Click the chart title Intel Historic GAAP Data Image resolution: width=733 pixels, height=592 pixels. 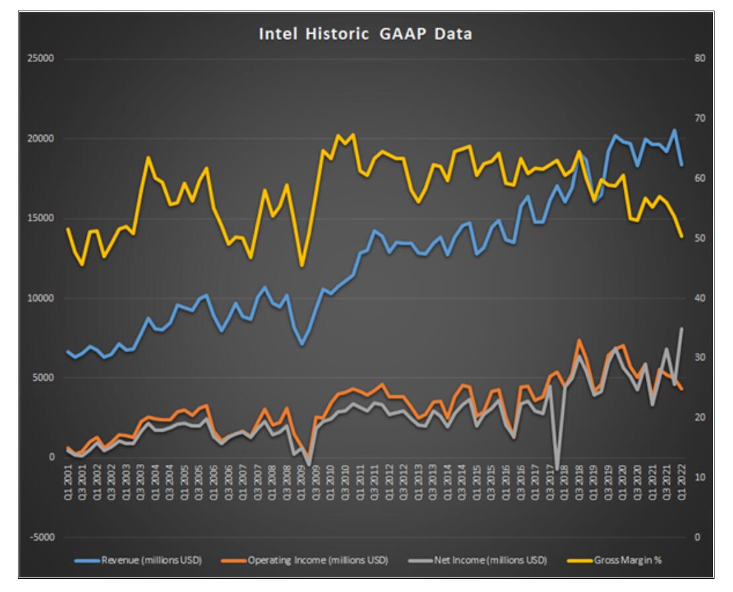point(366,34)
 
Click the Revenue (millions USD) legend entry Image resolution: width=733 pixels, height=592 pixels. point(151,560)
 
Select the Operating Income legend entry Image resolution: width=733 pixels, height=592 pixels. point(318,560)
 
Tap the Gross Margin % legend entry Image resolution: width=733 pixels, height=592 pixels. point(624,560)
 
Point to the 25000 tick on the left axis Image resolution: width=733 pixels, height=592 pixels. point(42,59)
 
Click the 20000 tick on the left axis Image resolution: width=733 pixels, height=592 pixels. point(42,139)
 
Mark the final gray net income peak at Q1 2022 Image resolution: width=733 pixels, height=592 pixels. point(681,328)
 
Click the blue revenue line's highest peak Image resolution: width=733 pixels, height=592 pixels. point(674,130)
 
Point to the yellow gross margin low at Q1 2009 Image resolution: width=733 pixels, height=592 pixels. point(302,266)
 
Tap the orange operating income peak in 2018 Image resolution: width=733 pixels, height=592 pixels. point(579,340)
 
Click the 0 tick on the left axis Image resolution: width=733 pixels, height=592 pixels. point(50,457)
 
